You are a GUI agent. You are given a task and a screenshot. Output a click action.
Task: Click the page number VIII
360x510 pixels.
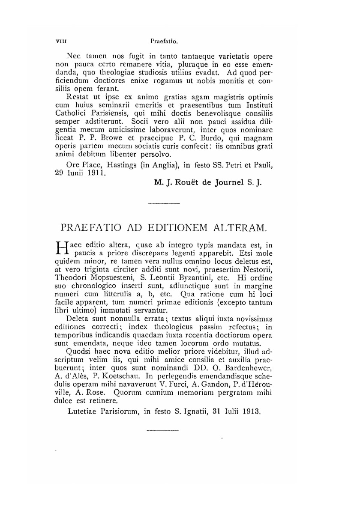click(x=56, y=42)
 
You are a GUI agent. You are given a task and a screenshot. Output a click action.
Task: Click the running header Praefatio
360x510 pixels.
click(x=164, y=42)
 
